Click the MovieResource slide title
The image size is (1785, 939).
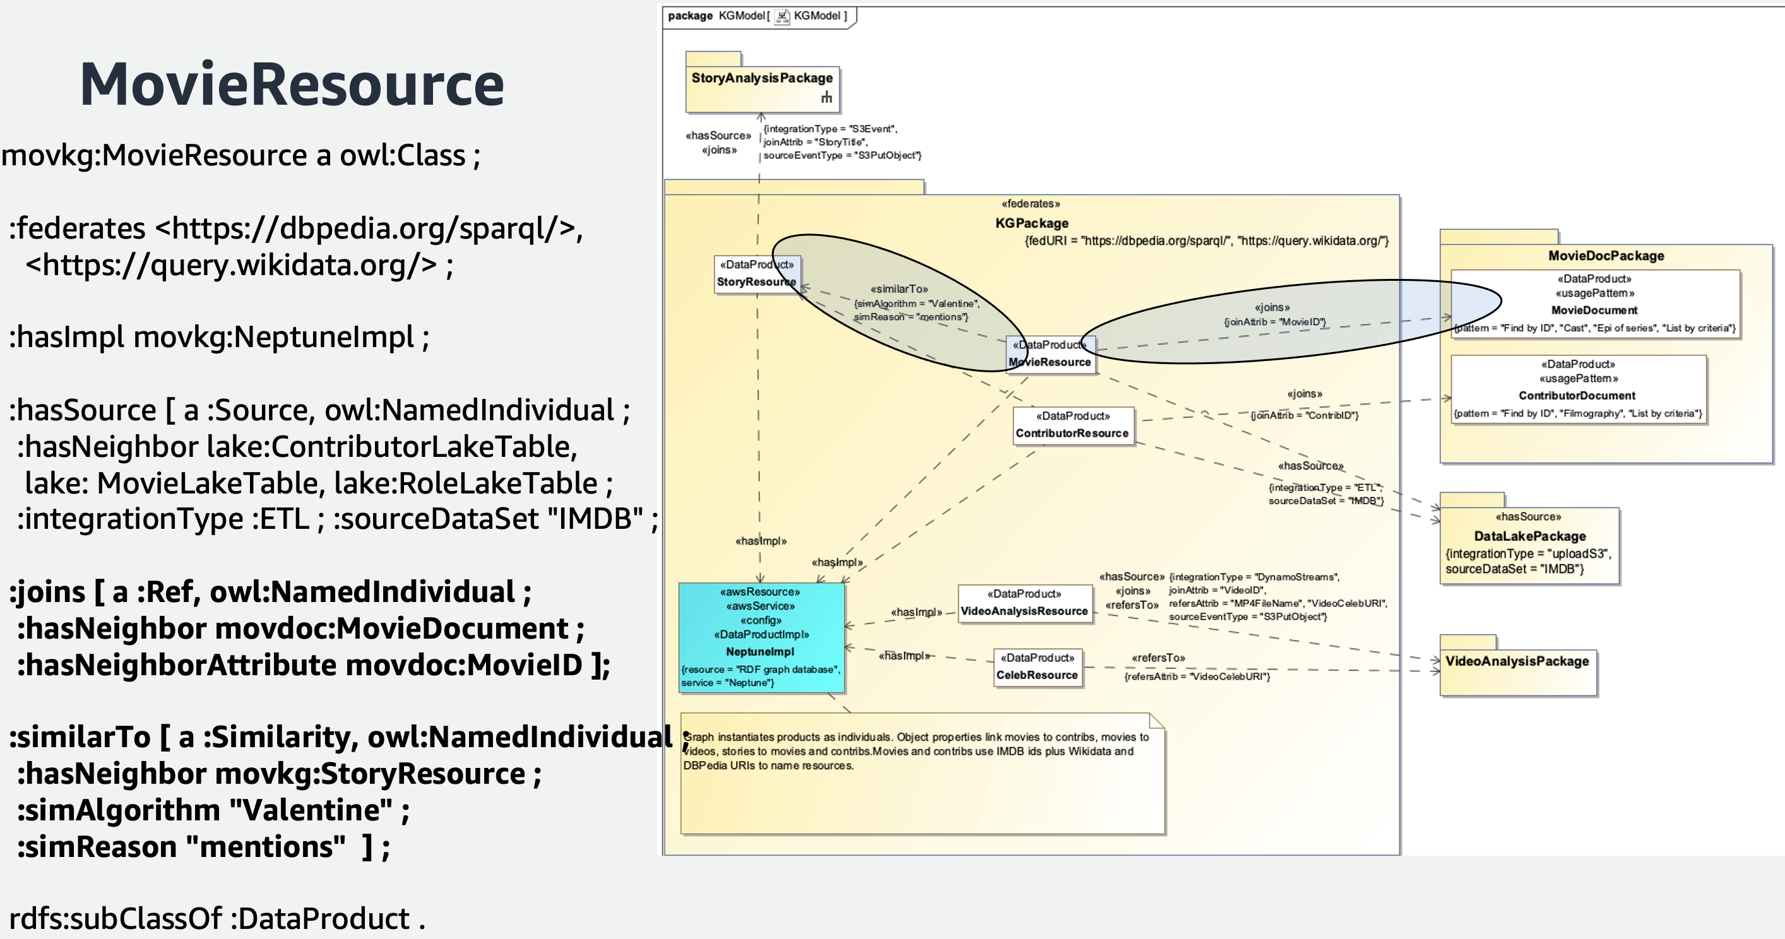[292, 85]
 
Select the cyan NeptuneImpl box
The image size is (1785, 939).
[761, 637]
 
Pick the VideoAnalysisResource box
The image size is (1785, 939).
[1024, 603]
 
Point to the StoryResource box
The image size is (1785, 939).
[756, 275]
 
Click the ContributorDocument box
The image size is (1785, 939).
[1577, 389]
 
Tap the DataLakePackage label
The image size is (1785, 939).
[1529, 536]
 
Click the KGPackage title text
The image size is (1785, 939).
[1032, 223]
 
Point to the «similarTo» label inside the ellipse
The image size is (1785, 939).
[899, 289]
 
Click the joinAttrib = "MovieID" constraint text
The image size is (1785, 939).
[1274, 322]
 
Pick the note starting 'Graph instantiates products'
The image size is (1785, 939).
[922, 772]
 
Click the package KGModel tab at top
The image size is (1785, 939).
[758, 16]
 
